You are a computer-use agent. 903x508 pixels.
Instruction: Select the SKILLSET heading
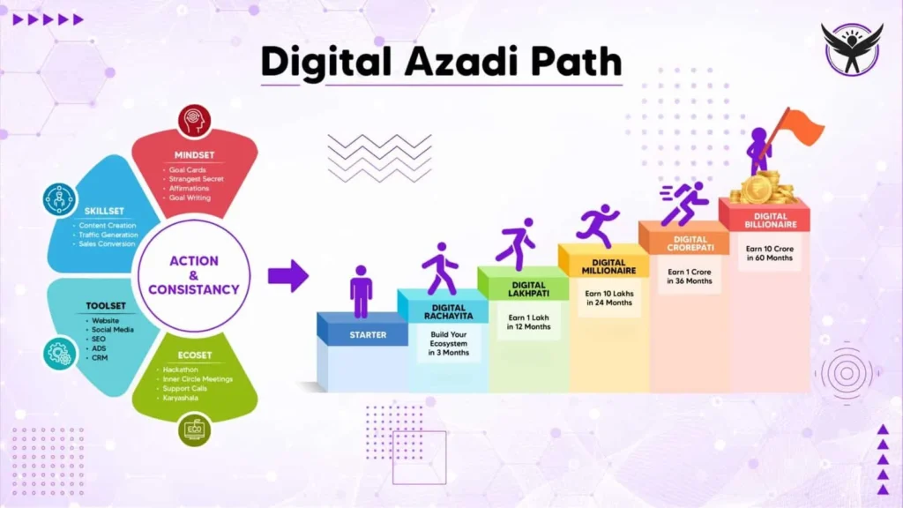[104, 213]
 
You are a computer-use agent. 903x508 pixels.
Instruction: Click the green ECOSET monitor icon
[194, 430]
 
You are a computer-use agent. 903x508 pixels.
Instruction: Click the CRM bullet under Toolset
[100, 358]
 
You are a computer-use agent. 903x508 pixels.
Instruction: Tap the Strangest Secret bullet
[197, 179]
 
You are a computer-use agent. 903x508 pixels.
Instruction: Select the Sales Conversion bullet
[108, 244]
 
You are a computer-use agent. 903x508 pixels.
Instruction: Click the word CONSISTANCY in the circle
[194, 289]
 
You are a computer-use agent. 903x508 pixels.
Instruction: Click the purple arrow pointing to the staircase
[287, 275]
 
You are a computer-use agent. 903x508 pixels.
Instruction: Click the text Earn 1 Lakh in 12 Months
[528, 321]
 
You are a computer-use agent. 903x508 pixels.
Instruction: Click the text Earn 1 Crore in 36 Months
[689, 277]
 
